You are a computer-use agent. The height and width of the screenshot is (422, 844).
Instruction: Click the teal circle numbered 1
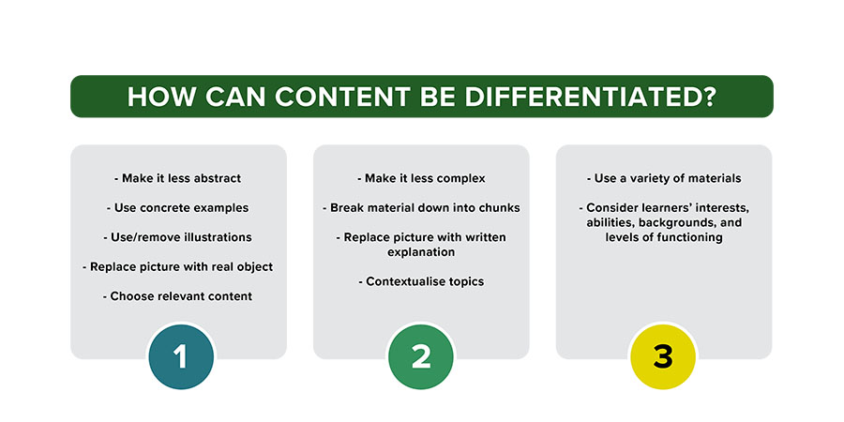point(181,357)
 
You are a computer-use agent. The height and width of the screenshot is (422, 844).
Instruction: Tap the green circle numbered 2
point(421,357)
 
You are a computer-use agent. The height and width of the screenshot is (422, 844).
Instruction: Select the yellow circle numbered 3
point(663,357)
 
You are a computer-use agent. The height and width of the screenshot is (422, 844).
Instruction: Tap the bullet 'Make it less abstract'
point(178,178)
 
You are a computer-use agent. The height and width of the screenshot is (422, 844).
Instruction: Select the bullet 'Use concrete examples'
point(178,208)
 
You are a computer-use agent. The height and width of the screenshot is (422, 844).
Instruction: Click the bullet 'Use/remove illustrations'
point(178,237)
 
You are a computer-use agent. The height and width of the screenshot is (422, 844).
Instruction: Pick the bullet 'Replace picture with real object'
point(178,266)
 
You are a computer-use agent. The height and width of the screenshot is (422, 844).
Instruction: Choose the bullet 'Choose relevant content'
point(178,296)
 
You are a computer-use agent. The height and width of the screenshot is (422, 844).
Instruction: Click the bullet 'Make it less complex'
point(421,178)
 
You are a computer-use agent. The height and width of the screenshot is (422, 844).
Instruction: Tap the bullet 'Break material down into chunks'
point(421,208)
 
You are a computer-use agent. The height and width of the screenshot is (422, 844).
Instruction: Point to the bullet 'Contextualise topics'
point(421,281)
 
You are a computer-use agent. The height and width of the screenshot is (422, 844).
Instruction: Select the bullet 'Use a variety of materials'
point(664,178)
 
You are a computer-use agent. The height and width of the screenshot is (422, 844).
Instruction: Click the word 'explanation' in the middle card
point(421,252)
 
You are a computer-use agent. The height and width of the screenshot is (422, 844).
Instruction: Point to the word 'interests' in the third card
point(719,208)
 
